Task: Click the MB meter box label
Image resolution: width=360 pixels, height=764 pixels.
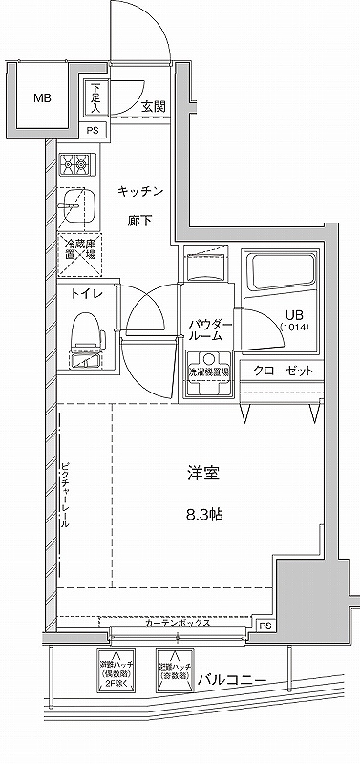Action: tap(43, 98)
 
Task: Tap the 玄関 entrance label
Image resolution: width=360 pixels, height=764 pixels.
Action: tap(155, 106)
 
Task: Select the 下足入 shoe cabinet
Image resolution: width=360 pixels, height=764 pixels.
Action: tap(95, 95)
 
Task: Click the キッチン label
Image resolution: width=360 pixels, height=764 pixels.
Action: tap(141, 192)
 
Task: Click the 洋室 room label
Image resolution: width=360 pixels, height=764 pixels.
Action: tap(200, 473)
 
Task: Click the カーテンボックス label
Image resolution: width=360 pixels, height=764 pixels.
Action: tap(178, 623)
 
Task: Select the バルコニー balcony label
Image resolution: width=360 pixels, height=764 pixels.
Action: tap(232, 681)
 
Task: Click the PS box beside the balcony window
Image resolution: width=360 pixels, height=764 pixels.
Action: tap(265, 626)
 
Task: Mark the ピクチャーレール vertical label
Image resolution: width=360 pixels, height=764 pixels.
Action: tap(65, 497)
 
